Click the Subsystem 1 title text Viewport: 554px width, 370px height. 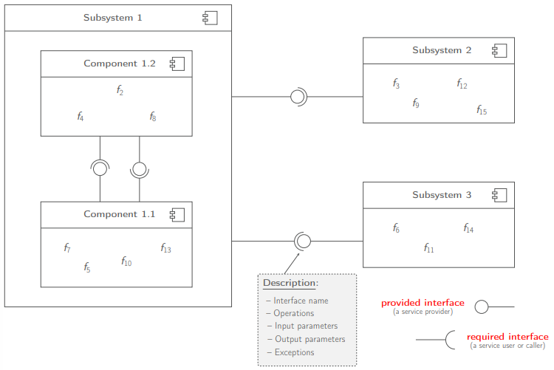pos(113,18)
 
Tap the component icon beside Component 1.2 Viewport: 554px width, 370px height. pos(177,64)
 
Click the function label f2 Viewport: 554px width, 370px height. pos(120,90)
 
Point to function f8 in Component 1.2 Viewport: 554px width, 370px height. pos(153,117)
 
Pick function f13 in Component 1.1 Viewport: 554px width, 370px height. pos(165,248)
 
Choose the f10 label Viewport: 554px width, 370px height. pos(126,261)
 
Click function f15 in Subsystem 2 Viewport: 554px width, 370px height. pos(482,110)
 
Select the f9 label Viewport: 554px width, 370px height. pos(416,103)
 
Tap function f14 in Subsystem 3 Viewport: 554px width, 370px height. pos(468,229)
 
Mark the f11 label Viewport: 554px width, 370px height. pos(428,248)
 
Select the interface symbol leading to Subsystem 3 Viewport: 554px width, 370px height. pos(302,241)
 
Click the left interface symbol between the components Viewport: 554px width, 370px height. pos(100,168)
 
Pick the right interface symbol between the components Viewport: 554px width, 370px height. pos(140,169)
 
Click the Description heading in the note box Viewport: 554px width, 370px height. pos(290,283)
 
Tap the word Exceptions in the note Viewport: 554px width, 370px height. pos(294,352)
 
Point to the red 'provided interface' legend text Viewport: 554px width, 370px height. pos(423,303)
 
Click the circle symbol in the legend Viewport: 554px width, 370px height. pos(482,306)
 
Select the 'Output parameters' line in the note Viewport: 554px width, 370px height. pos(310,339)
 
